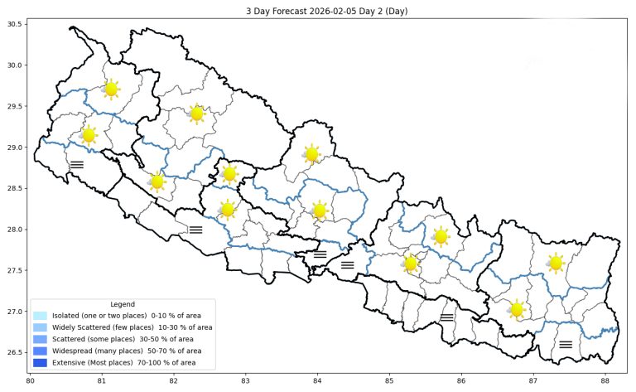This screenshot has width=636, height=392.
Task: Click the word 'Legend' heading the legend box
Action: tap(122, 304)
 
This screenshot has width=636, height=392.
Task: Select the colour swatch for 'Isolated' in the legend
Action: tap(41, 316)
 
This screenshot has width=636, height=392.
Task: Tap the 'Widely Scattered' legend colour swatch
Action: tap(41, 327)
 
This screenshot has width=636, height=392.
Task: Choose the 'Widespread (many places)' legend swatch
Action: tap(41, 351)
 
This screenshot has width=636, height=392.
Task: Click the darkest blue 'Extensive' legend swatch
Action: tap(41, 362)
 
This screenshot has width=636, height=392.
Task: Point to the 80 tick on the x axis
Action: tap(31, 380)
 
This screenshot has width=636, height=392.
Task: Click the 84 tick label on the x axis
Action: tap(317, 380)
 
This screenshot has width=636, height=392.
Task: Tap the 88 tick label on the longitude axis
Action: tap(604, 380)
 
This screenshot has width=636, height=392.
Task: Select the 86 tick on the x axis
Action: tap(460, 380)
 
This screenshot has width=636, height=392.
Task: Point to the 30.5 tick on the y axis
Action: tap(15, 25)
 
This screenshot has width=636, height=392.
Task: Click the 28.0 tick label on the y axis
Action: tap(15, 230)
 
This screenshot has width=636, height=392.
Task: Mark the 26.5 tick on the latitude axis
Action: tap(15, 353)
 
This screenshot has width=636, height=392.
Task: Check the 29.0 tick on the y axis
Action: tap(15, 148)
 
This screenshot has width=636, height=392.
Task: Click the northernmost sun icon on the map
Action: tap(111, 89)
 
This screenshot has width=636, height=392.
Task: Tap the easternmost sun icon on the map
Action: tap(556, 263)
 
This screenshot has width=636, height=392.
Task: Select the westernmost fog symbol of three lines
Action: tap(76, 164)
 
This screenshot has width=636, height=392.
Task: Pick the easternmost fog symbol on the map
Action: tap(566, 344)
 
